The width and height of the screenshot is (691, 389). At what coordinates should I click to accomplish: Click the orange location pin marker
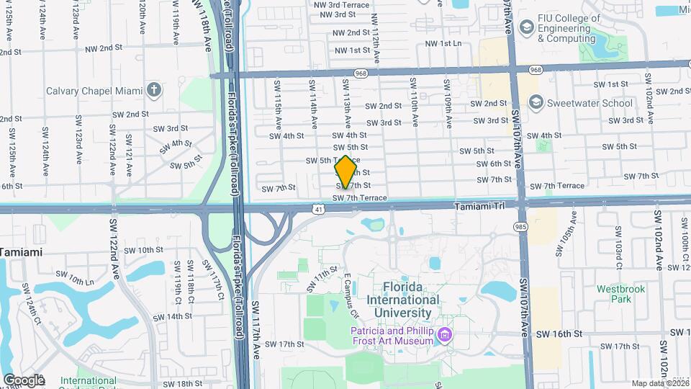click(x=345, y=171)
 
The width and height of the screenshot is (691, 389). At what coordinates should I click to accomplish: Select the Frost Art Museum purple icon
click(x=445, y=335)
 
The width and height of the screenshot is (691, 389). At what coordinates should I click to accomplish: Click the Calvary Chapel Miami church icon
click(x=153, y=91)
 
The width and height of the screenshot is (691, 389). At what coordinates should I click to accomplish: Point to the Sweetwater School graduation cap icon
click(x=536, y=103)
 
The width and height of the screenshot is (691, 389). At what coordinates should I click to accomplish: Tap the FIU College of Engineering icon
click(x=526, y=27)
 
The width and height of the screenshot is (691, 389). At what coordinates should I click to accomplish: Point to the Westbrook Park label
click(x=620, y=293)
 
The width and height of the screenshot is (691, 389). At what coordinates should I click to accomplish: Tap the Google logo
click(x=24, y=380)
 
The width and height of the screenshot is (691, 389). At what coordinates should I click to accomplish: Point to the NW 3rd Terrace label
click(x=342, y=4)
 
